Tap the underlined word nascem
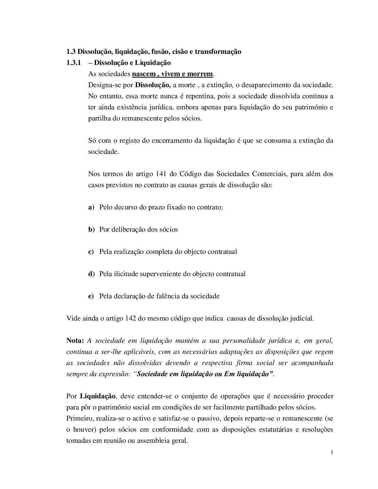(x=143, y=74)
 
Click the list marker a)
(x=91, y=207)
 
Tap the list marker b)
(x=91, y=230)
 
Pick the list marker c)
(x=91, y=252)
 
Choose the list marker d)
(x=91, y=274)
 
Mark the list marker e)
(x=91, y=296)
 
